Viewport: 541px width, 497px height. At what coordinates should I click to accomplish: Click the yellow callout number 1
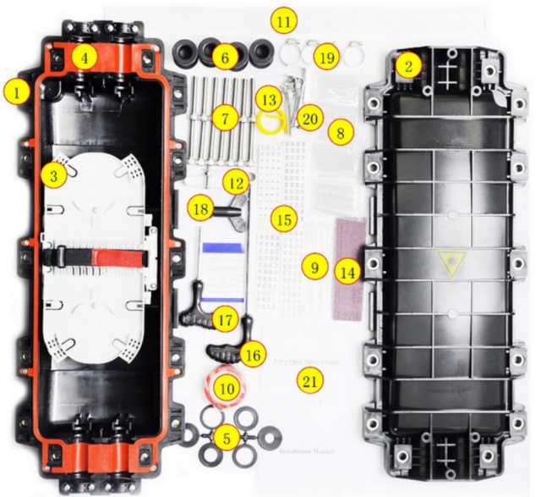point(16,88)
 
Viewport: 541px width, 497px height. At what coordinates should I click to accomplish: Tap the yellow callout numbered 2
point(408,66)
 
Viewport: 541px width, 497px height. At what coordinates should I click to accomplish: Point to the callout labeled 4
point(83,58)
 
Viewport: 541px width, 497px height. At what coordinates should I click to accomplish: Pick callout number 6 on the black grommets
point(224,58)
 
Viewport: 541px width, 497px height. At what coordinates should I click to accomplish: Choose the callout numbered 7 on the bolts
point(224,119)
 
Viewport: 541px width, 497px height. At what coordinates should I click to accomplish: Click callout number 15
point(285,219)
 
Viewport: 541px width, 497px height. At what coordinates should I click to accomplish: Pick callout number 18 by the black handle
point(201,208)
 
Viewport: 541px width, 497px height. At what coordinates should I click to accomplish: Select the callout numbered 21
point(311,382)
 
